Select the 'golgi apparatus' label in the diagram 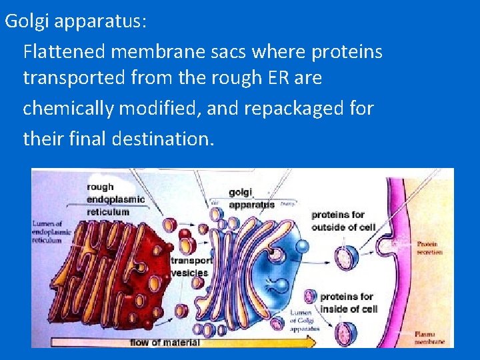point(251,199)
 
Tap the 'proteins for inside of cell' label point(348,302)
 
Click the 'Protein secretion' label point(431,248)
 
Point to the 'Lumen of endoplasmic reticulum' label point(51,231)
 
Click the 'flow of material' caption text point(164,342)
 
